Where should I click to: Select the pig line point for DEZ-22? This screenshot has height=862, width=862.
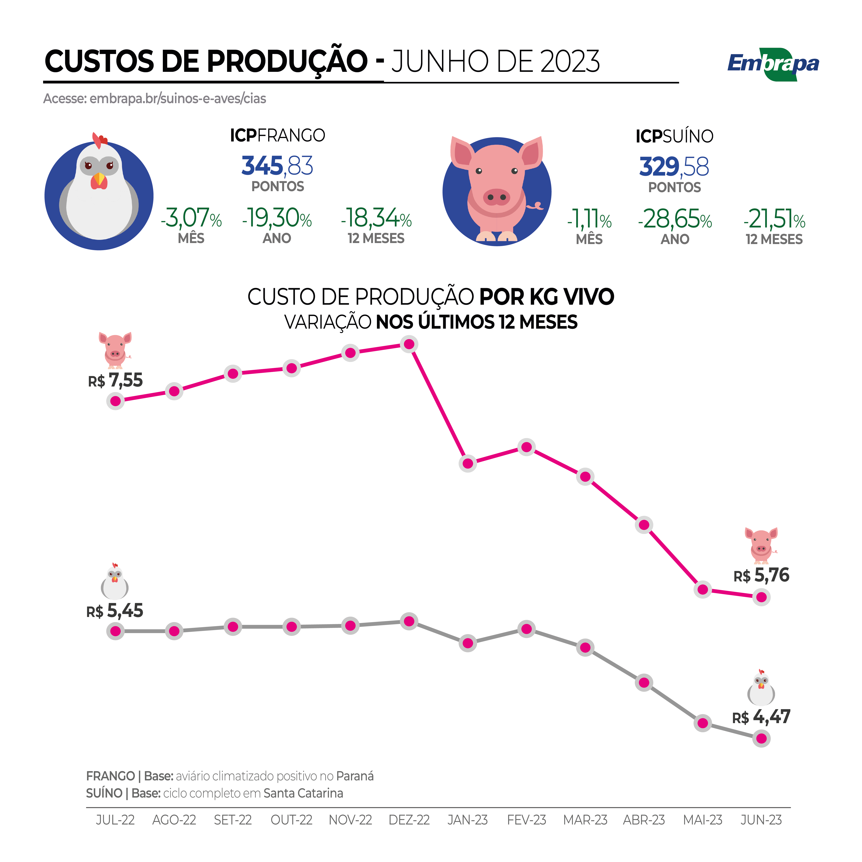(x=409, y=344)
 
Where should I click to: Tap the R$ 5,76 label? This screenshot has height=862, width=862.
(x=761, y=575)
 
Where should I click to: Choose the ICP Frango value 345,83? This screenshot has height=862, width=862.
(x=277, y=166)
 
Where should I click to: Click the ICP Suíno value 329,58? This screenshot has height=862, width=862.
(x=674, y=167)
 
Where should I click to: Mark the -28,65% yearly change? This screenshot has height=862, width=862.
(x=675, y=219)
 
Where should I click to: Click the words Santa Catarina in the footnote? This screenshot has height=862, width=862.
(x=303, y=793)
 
